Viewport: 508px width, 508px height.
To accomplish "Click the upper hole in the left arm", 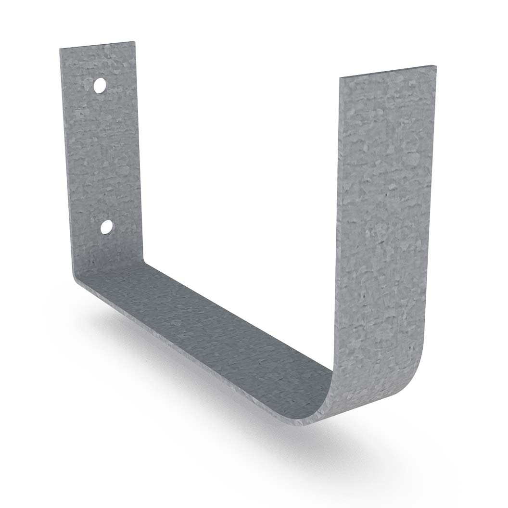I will [x=100, y=86].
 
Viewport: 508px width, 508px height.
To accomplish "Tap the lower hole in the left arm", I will [x=106, y=227].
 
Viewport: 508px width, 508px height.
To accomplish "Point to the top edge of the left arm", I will [x=98, y=45].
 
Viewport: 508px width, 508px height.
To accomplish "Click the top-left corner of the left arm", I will [x=61, y=49].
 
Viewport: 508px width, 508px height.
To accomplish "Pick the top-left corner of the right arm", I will [x=340, y=77].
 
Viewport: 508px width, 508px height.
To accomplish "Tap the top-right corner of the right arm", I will [x=435, y=66].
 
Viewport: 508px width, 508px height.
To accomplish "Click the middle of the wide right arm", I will [x=385, y=216].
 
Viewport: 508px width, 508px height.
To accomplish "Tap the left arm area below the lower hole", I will [x=111, y=250].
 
